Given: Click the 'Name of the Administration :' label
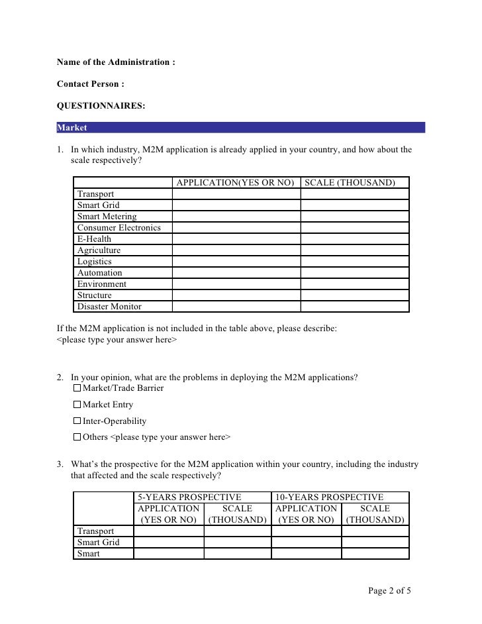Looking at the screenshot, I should coord(116,62).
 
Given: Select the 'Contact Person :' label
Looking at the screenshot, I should coord(91,84).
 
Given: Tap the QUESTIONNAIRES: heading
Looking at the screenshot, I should coord(101,106).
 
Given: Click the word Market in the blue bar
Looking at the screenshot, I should coord(72,128).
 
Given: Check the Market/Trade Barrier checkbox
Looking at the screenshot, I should coord(77,388).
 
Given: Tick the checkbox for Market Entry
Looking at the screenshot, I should coord(77,405).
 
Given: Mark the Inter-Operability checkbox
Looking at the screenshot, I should coord(77,421).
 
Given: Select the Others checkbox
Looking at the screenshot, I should coord(77,437).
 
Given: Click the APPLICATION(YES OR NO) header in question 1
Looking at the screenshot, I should coord(235,183).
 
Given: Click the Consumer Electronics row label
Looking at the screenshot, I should coord(119,228).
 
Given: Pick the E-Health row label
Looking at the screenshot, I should coord(94,239).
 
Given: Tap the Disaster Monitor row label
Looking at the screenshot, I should coord(109,307).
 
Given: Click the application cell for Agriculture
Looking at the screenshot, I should coord(236,250).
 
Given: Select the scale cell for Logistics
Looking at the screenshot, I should coord(354,262).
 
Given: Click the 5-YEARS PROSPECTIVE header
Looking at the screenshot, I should coord(189,497).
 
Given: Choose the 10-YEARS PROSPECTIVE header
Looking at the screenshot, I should coord(329,497).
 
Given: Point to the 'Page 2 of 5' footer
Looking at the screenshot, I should coord(390,591).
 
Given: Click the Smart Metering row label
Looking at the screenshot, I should coord(107,217).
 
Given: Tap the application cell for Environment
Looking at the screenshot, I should coord(236,284).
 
